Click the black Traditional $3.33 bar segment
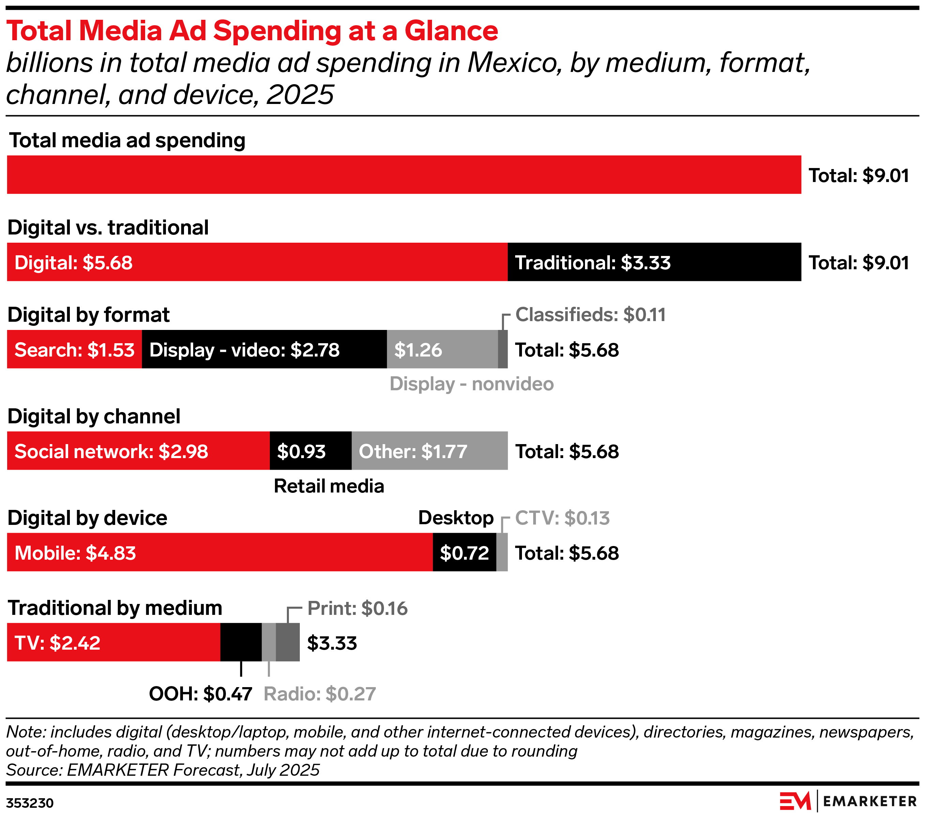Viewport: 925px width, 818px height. coord(654,262)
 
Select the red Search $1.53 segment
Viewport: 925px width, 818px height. coord(74,349)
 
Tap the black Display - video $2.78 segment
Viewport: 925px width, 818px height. coord(264,349)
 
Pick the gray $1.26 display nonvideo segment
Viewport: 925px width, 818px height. coord(442,349)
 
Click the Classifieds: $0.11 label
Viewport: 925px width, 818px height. coord(590,315)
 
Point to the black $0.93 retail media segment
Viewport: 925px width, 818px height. coord(310,451)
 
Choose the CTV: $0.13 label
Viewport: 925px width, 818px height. coord(562,518)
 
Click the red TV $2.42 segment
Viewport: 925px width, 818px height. coord(113,642)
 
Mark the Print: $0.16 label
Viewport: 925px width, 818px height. coord(357,608)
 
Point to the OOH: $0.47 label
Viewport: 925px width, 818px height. coord(200,694)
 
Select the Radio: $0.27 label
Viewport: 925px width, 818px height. coord(320,694)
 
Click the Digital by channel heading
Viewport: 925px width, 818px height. coord(94,416)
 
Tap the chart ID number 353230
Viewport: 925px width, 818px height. coord(30,803)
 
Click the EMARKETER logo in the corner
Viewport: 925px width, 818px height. coord(848,801)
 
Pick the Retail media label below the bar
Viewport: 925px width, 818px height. coord(329,486)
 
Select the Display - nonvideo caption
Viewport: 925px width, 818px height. coord(472,384)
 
